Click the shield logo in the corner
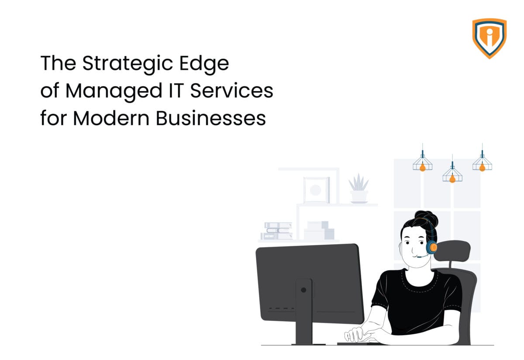(489, 38)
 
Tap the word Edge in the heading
(207, 65)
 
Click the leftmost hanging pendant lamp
(422, 163)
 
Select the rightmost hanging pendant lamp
(482, 163)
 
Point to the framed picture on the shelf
(316, 189)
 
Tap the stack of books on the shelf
(278, 230)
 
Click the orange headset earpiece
(432, 248)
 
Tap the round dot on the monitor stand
(303, 289)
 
